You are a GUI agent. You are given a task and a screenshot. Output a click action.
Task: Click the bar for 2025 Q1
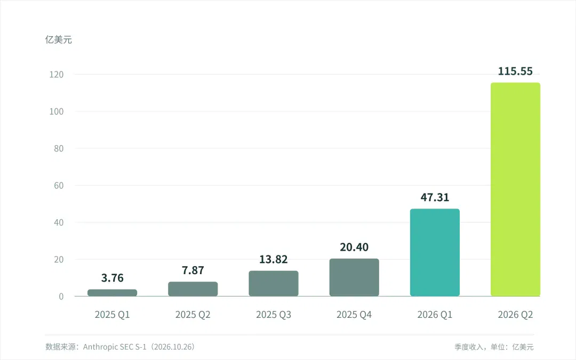tap(113, 293)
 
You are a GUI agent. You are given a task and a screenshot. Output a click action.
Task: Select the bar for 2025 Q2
tap(193, 289)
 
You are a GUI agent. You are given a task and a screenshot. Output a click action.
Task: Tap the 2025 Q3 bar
tap(274, 283)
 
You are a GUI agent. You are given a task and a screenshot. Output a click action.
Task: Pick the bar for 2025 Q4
tap(354, 277)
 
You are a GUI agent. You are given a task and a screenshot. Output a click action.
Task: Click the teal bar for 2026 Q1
tap(435, 252)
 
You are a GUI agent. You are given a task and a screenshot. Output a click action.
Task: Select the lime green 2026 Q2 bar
tap(515, 189)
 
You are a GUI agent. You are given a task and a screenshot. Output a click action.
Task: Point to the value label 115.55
tap(515, 71)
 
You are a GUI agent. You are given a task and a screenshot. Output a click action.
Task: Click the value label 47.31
tap(435, 197)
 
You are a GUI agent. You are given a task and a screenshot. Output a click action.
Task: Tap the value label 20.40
tap(354, 247)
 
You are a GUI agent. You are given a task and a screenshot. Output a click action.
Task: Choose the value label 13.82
tap(274, 259)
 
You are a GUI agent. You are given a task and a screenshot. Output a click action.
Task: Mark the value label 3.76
tap(113, 278)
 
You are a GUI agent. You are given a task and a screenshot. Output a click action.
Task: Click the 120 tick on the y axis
tap(57, 75)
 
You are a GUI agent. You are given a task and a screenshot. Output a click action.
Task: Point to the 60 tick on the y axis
tap(59, 186)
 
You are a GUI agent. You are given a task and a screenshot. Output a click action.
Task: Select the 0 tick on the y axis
tap(61, 297)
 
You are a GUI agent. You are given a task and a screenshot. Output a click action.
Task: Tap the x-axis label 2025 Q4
tap(354, 315)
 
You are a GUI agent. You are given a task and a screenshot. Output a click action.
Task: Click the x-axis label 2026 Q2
tap(515, 315)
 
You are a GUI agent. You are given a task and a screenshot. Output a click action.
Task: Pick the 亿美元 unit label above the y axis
tap(59, 39)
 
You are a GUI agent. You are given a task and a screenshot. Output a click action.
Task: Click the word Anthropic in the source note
tap(99, 347)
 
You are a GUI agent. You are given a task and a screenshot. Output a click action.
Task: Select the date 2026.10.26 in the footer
tap(174, 347)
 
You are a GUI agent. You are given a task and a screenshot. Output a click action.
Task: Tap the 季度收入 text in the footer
tap(468, 347)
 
